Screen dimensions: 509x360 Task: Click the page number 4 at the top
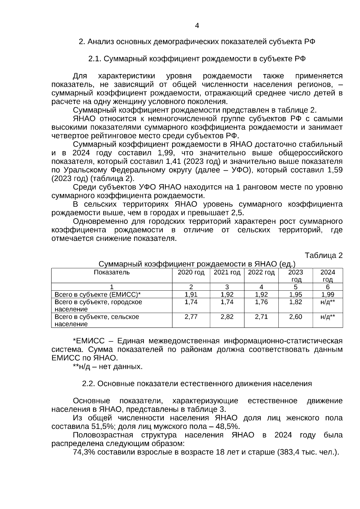pos(197,26)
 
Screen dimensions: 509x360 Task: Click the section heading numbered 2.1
pos(197,59)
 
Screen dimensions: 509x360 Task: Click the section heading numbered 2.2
pos(197,384)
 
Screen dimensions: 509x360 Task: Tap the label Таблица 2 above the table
pos(323,256)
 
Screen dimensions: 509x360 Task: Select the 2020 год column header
pos(191,272)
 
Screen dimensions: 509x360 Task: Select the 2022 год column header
pos(261,272)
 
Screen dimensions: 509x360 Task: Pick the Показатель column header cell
pos(112,272)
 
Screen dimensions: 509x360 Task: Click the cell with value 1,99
pos(328,295)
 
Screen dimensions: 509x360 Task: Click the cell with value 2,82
pos(227,317)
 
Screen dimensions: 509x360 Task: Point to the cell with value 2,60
pos(295,317)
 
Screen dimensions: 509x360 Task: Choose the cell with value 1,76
pos(261,302)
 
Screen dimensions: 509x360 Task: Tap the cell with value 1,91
pos(191,295)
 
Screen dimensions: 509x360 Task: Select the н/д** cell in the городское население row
pos(328,302)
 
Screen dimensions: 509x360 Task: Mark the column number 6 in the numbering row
pos(328,287)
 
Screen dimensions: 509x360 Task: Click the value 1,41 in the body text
pos(172,162)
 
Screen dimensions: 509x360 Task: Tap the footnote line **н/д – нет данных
pos(108,367)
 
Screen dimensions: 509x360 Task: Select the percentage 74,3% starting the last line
pos(84,452)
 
